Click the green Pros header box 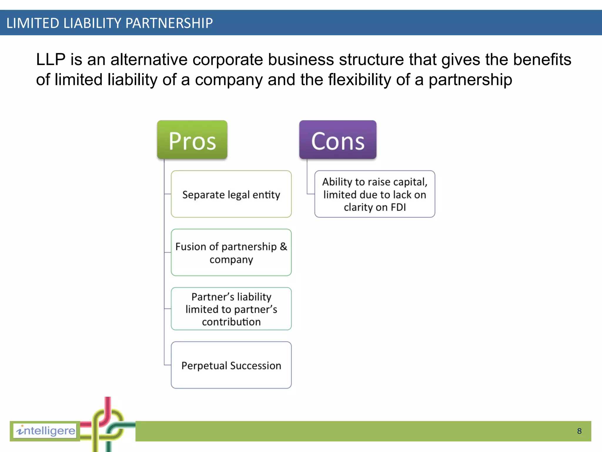click(192, 140)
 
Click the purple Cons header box click(338, 140)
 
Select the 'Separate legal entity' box click(231, 194)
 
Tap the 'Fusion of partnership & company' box click(231, 252)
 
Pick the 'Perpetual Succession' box click(231, 365)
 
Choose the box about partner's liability click(231, 309)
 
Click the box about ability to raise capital click(374, 194)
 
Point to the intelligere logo click(45, 431)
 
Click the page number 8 click(579, 431)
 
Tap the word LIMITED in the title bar click(33, 23)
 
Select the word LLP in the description click(51, 59)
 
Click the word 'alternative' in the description click(149, 59)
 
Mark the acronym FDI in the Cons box click(398, 207)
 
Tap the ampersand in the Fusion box click(283, 247)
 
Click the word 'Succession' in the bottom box click(256, 365)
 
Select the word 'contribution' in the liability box click(231, 322)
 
